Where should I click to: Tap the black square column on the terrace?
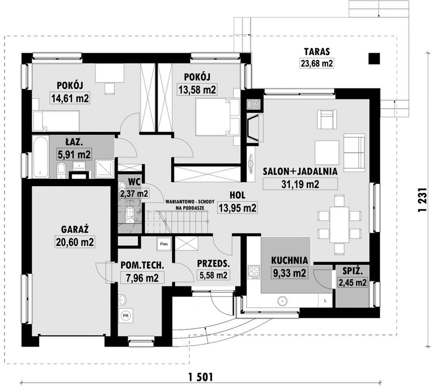coord(375,58)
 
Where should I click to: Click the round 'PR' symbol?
coord(125,316)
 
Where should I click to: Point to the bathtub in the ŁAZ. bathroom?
coord(41,156)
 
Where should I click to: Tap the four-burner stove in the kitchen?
coord(254,272)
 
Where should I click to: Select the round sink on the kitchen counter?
coord(282,301)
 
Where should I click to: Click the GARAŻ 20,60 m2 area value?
coord(75,242)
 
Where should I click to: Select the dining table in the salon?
coord(340,224)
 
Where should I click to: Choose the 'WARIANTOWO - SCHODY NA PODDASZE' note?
coord(190,205)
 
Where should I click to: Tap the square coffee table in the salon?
coord(327,153)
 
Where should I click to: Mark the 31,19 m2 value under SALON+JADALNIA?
coord(300,184)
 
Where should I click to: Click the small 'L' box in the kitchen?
coord(325,301)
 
